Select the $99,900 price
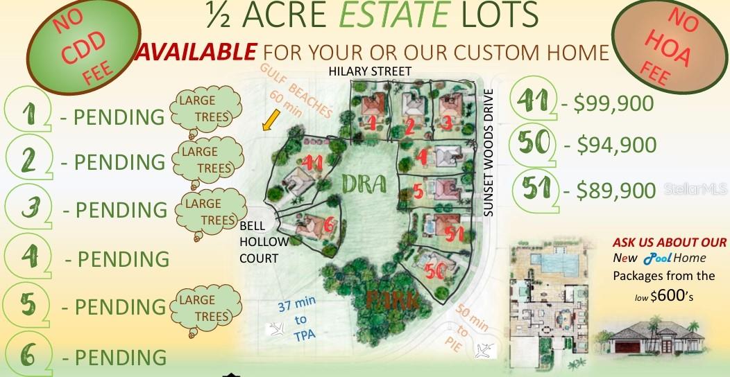pos(608,104)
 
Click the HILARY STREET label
pos(370,71)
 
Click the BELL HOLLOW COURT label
pos(259,242)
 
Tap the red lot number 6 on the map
pos(330,225)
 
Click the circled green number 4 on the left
pos(28,258)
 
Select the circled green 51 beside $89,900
pos(538,188)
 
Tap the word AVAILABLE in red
pos(198,52)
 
